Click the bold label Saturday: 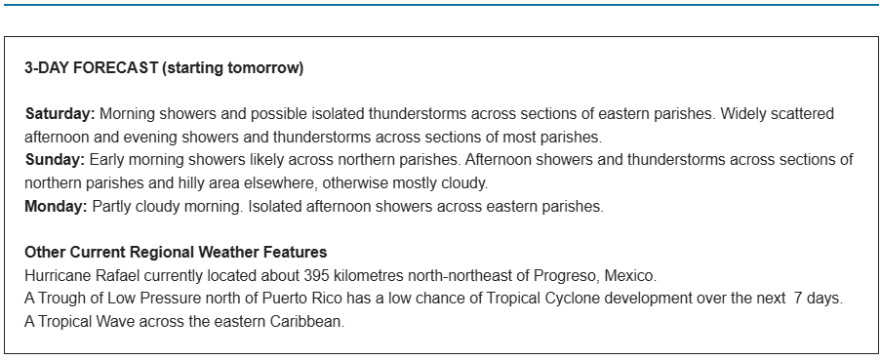60,114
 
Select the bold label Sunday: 55,160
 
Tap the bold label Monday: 57,207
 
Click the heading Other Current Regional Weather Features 176,252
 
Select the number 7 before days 798,299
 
